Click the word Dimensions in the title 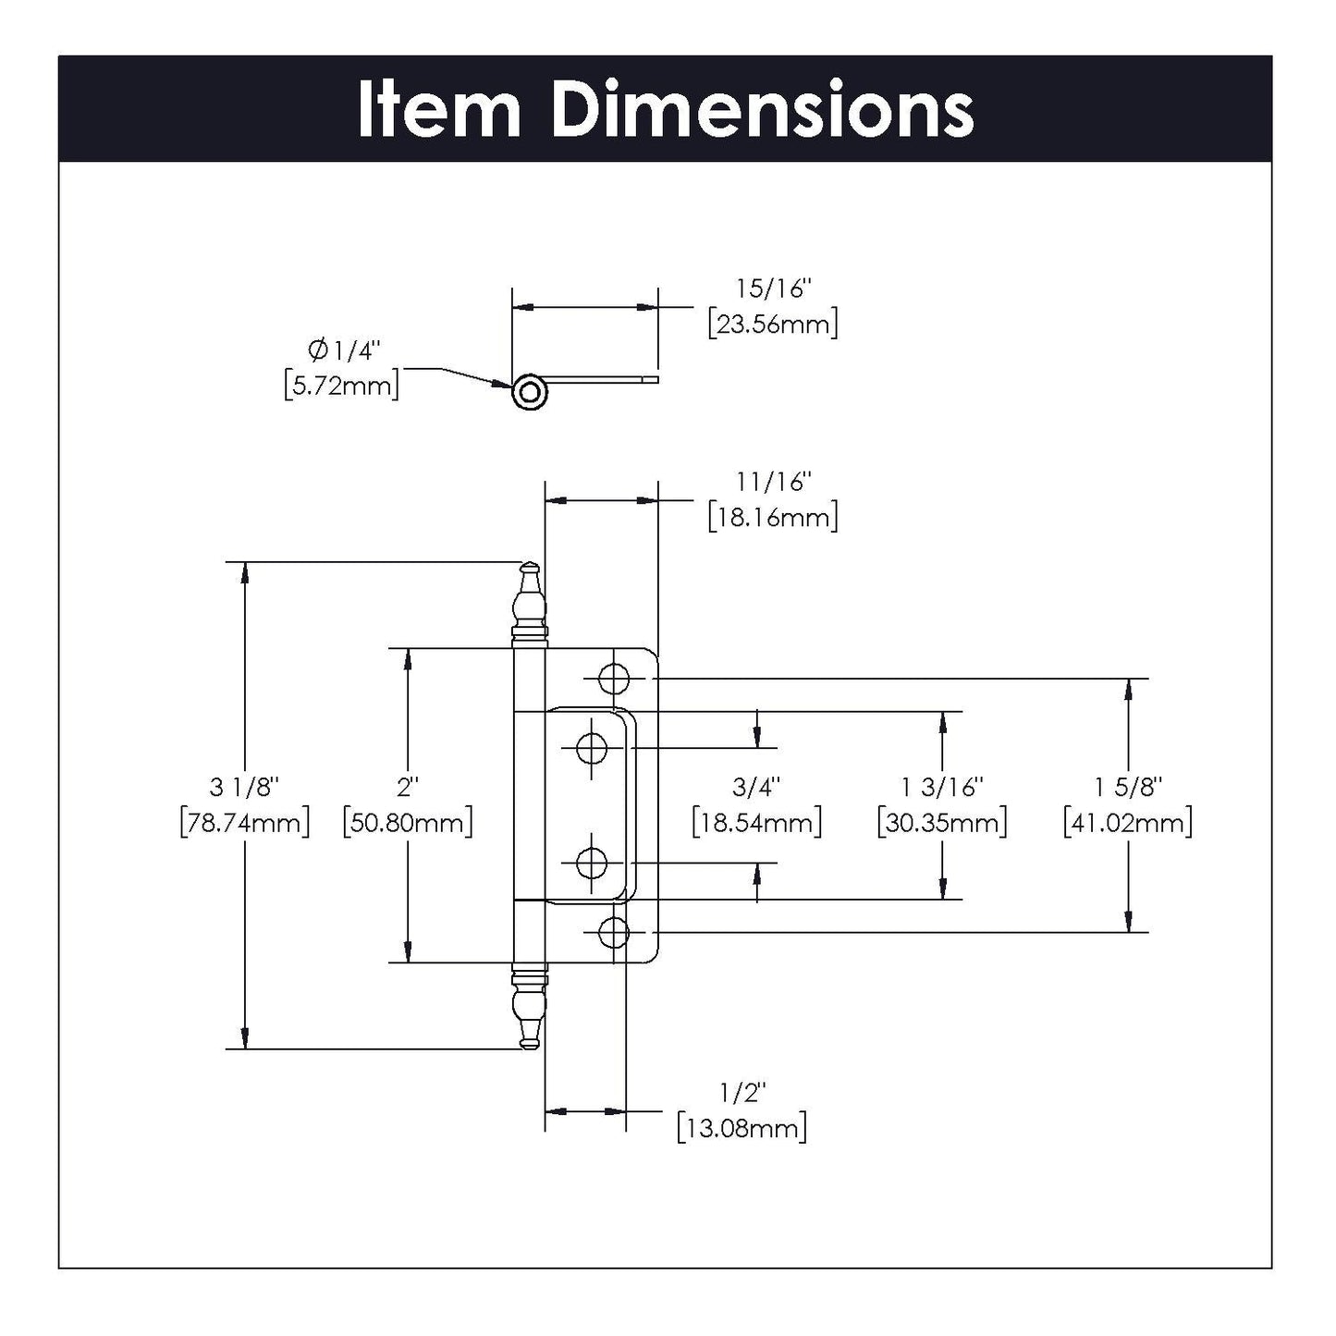coord(762,110)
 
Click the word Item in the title coord(439,110)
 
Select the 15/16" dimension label coord(773,289)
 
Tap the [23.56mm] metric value coord(773,325)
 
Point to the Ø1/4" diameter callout coord(343,350)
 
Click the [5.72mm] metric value coord(342,386)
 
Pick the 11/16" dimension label coord(773,482)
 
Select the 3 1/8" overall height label coord(244,787)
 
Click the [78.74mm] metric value coord(244,822)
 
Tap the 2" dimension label coord(408,787)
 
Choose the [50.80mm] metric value coord(408,822)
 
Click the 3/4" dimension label coord(756,787)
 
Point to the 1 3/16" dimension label coord(942,787)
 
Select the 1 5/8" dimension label coord(1128,787)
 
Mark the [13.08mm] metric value coord(742,1129)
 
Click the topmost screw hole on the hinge coord(613,679)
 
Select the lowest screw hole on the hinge coord(613,933)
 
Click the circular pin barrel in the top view coord(530,392)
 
